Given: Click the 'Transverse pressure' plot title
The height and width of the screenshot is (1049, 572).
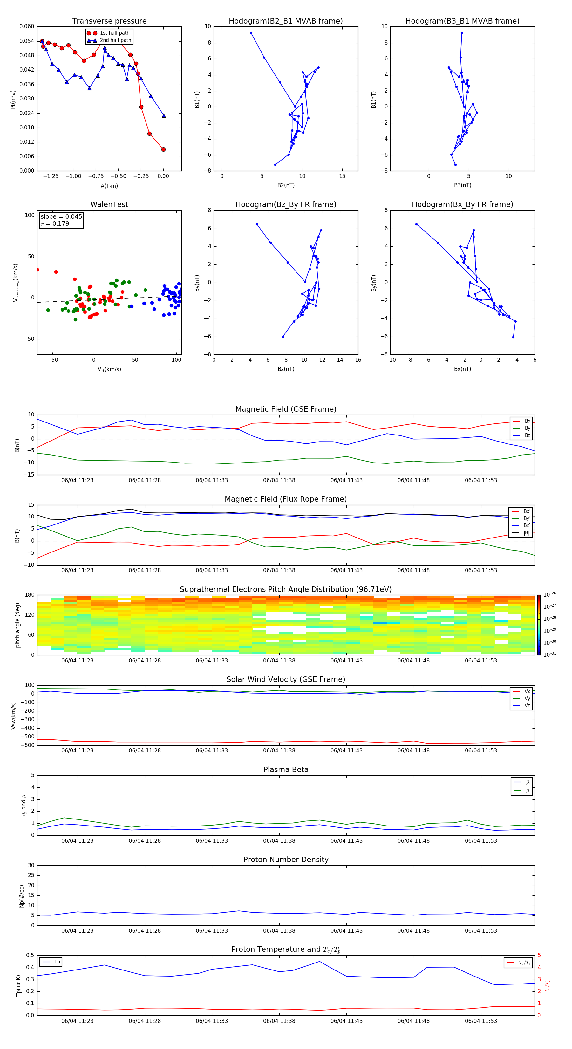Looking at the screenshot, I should (x=109, y=21).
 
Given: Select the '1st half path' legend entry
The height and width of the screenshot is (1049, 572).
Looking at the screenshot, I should (x=114, y=33).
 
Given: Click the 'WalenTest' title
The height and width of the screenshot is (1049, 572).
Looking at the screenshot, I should (x=109, y=204).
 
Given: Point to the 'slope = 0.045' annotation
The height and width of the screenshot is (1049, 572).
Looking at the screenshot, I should (x=61, y=217).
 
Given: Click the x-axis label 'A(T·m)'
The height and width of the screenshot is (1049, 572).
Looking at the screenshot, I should (x=109, y=186).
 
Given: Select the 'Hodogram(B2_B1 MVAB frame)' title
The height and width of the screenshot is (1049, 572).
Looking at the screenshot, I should (x=285, y=21).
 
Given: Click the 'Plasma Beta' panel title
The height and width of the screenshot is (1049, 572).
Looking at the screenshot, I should (x=285, y=770).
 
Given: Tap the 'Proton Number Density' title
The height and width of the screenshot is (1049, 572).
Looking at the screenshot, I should (x=285, y=860).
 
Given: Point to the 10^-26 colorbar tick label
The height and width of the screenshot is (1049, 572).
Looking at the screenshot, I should (x=550, y=594).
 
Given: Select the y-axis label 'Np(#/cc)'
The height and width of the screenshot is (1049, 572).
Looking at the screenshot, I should (x=22, y=895).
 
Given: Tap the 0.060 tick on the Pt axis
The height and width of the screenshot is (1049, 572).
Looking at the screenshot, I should (x=27, y=26).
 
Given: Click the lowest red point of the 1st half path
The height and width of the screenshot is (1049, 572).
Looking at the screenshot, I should (x=163, y=149).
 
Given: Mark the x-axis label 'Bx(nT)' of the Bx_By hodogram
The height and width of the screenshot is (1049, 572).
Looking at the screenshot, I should (x=462, y=369).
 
